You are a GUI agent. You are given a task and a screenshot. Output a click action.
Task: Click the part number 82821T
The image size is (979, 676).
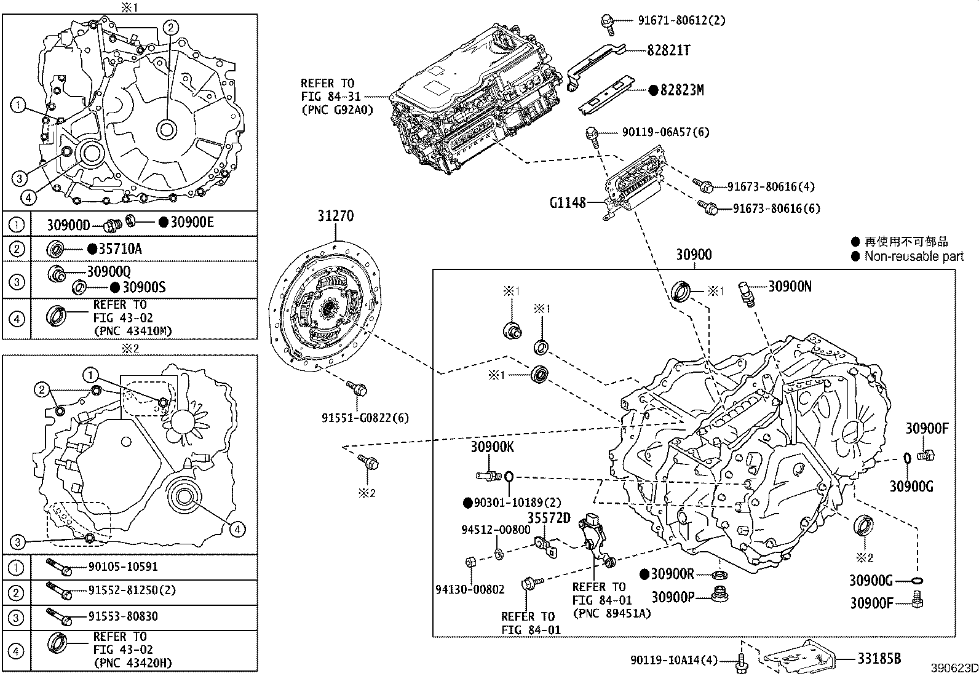pyautogui.click(x=668, y=50)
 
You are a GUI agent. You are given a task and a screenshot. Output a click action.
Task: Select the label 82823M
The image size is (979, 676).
pyautogui.click(x=681, y=90)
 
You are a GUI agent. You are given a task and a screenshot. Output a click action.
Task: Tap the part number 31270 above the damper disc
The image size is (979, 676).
pyautogui.click(x=336, y=217)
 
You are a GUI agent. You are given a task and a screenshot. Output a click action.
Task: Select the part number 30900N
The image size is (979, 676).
pyautogui.click(x=790, y=286)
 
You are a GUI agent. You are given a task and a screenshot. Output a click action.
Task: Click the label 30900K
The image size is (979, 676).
pyautogui.click(x=492, y=447)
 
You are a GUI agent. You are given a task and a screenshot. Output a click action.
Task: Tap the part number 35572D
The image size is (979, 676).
pyautogui.click(x=549, y=518)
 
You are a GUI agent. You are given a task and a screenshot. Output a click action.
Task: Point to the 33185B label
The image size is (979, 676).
pyautogui.click(x=879, y=659)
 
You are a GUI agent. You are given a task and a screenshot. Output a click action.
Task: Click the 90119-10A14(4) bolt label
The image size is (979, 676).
pyautogui.click(x=673, y=660)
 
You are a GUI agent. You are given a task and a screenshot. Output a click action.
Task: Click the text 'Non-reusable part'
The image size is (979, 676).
pyautogui.click(x=914, y=256)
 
